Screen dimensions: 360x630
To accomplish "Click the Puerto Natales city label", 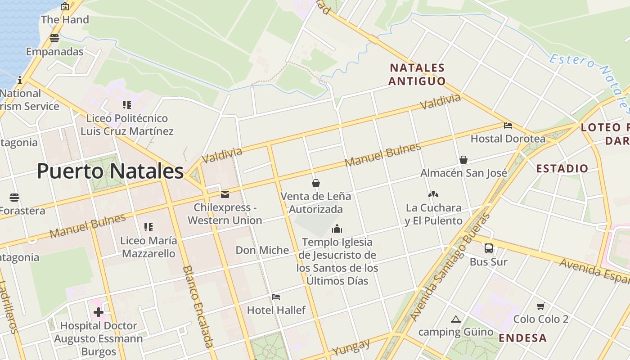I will click(110, 171).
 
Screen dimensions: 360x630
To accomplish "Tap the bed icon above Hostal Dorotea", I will click(508, 126).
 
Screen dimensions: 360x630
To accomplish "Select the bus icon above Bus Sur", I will click(489, 248).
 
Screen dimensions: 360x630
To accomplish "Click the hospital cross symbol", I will click(99, 312).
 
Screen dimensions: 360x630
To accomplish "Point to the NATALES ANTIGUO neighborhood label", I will click(417, 75).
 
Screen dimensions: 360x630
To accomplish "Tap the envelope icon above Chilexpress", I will click(225, 194).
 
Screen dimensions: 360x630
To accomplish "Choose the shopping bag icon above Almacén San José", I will click(463, 160).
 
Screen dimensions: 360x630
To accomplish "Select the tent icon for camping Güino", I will click(456, 319).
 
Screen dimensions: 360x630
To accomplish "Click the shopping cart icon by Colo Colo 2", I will click(541, 306).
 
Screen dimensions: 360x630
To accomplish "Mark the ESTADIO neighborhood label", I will click(562, 169).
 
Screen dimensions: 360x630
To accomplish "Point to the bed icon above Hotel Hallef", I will click(276, 297).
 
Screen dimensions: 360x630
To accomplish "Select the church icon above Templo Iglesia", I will click(337, 229).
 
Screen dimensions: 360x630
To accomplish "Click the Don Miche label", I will click(262, 250).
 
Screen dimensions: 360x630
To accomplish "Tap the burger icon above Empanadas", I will click(54, 38).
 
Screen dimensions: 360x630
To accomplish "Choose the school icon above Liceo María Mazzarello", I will click(148, 227).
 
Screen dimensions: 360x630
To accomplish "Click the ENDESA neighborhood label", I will click(523, 338).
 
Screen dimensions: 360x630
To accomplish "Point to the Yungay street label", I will click(351, 346).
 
